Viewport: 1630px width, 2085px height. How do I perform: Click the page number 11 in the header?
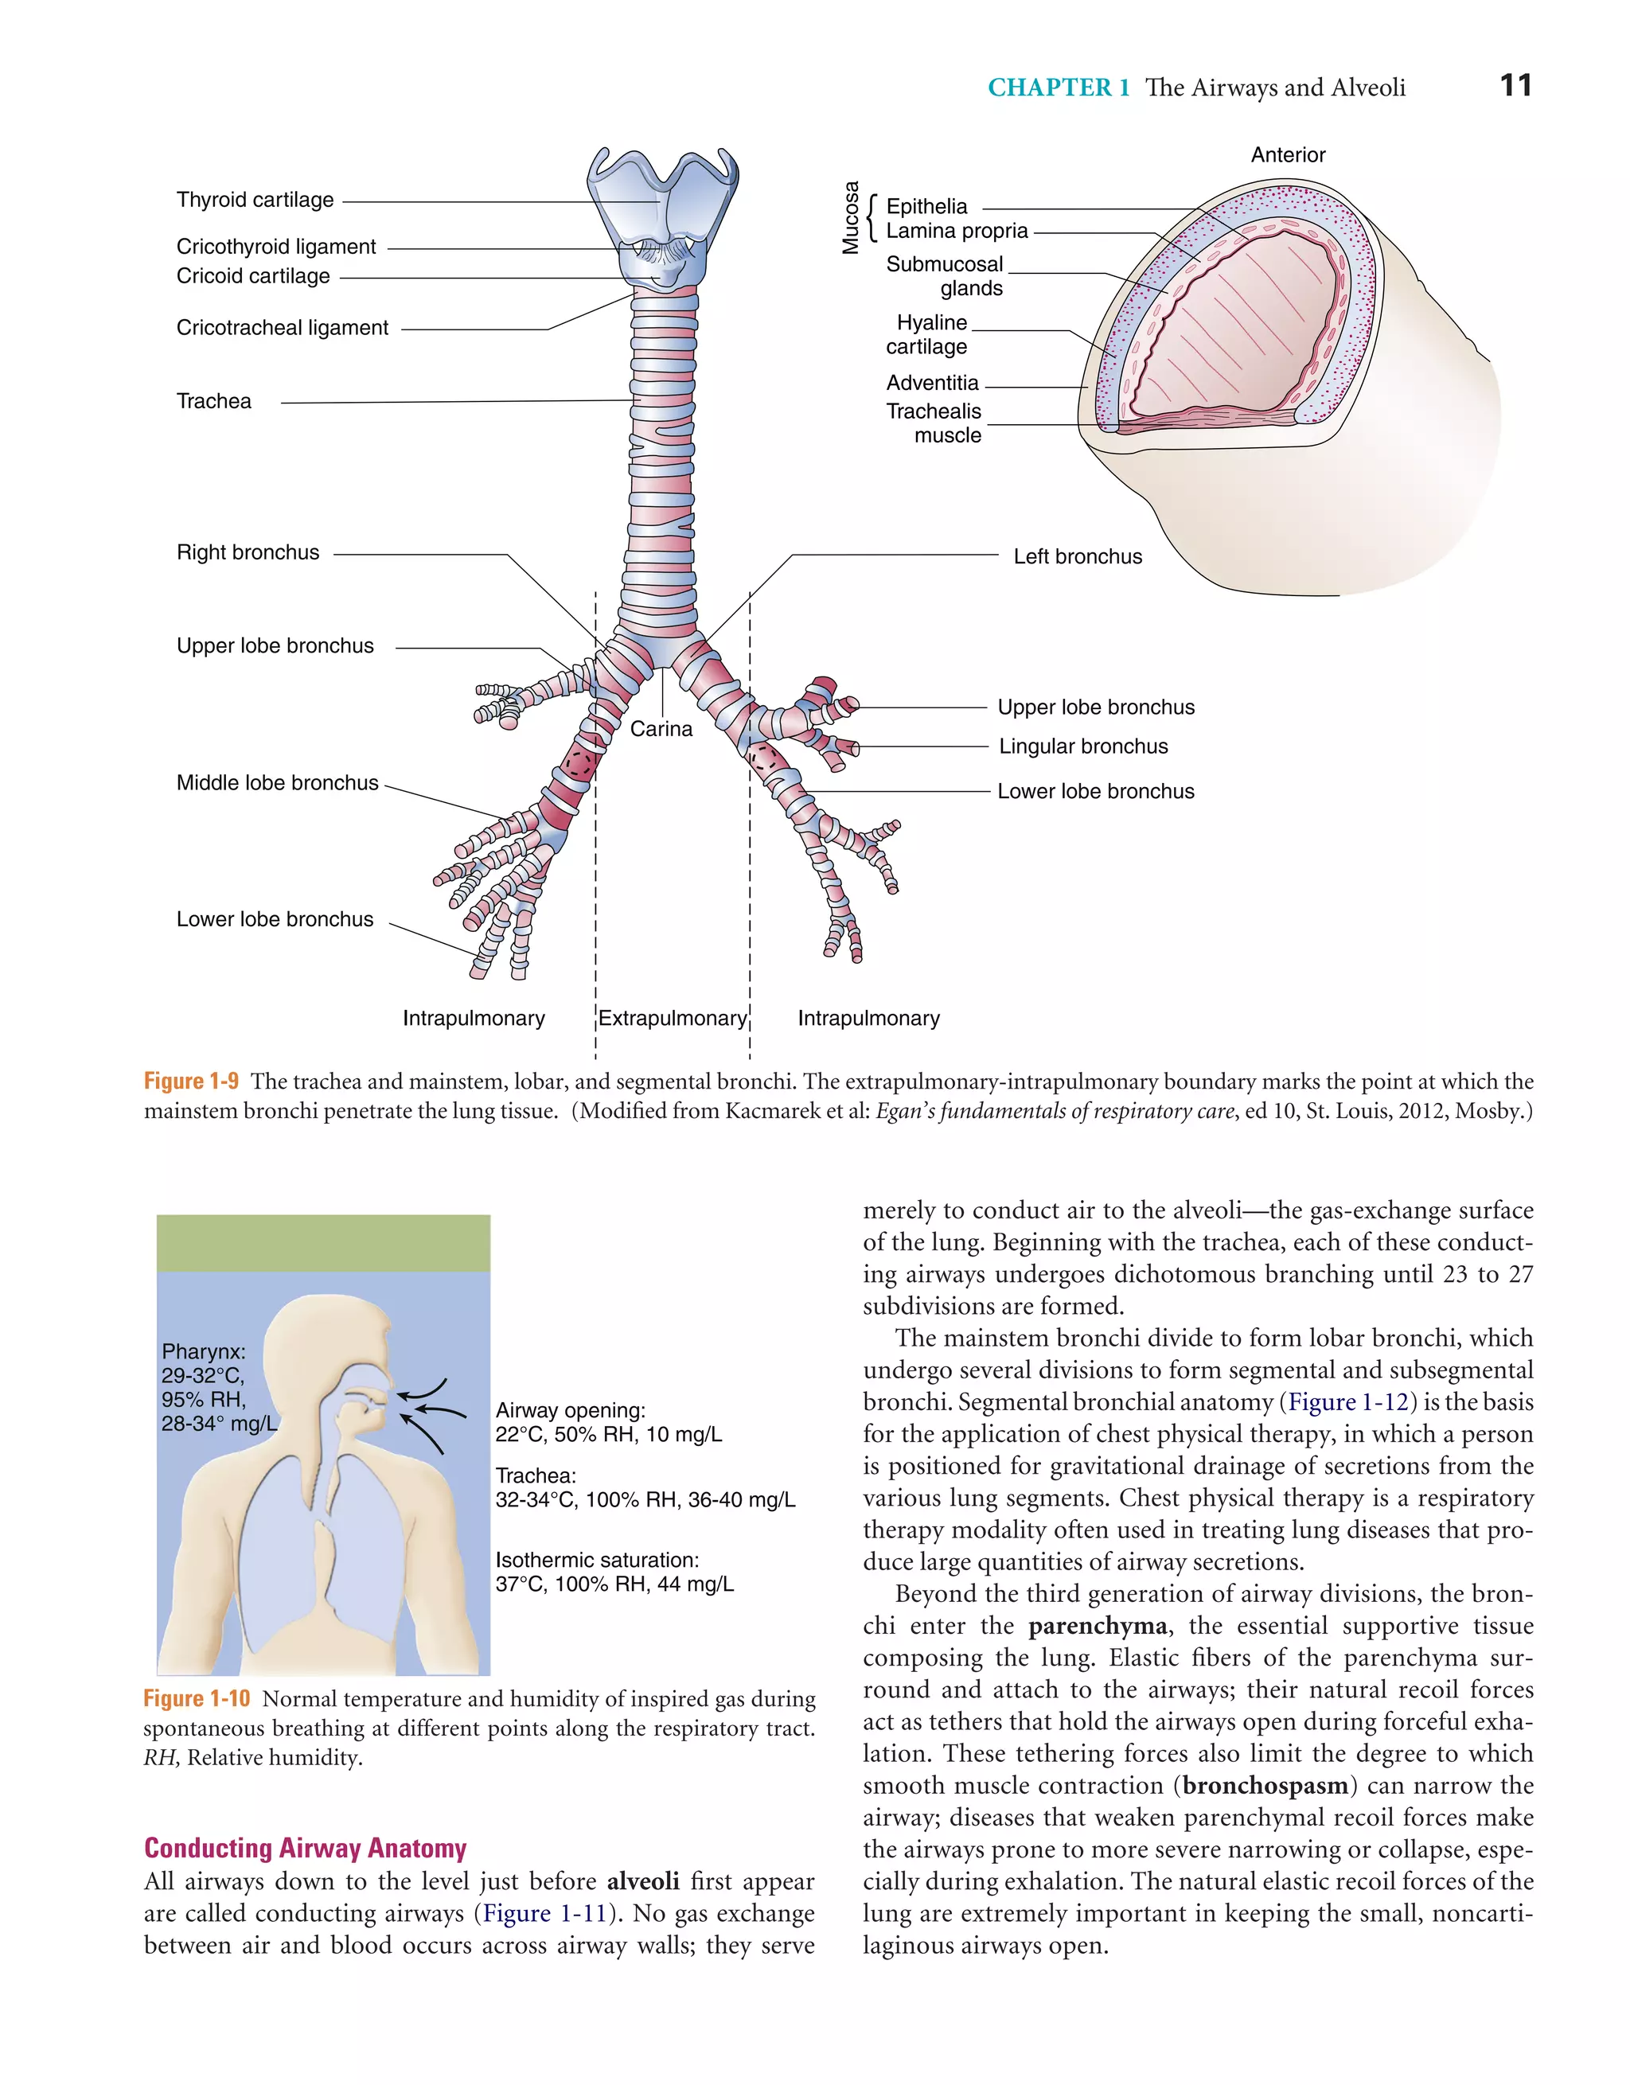point(1515,86)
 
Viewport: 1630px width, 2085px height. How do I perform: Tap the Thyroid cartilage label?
point(255,201)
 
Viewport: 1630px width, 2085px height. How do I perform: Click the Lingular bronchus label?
point(1083,746)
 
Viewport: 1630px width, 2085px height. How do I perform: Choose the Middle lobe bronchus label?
point(277,784)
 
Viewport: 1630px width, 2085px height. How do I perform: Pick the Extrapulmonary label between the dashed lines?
point(673,1019)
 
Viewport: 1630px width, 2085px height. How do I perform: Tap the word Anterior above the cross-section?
point(1287,154)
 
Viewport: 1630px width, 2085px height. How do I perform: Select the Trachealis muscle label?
point(933,423)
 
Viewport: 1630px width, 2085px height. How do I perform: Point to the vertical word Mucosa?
point(850,218)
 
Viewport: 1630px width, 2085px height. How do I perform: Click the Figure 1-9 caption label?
point(191,1081)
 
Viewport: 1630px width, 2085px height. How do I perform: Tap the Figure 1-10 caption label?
point(196,1699)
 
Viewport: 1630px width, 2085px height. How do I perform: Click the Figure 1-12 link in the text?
point(1348,1402)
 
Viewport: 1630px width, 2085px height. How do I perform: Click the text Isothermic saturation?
point(597,1560)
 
